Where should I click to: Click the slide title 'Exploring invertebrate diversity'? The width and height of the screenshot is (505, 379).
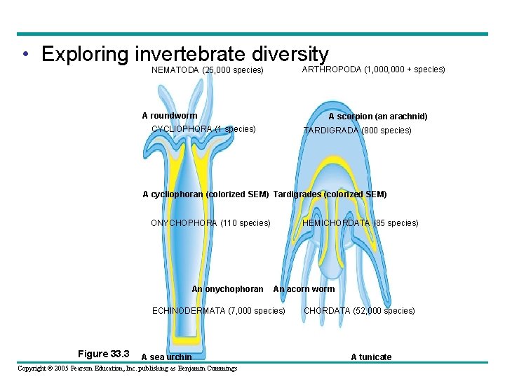(185, 54)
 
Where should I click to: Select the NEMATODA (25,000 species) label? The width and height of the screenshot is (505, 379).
(207, 70)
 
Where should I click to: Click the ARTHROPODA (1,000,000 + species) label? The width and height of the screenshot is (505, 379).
(373, 69)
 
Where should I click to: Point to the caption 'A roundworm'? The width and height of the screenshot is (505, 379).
(169, 116)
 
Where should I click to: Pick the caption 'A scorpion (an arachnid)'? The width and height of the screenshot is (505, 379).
(378, 117)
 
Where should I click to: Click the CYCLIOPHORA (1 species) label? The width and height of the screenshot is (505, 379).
(203, 129)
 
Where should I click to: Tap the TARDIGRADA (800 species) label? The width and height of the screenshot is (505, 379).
(357, 130)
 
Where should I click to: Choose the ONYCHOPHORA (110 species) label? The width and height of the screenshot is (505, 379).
(210, 223)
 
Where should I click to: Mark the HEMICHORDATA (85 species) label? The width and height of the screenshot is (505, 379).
(360, 223)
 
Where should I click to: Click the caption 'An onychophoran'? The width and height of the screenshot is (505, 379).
(227, 289)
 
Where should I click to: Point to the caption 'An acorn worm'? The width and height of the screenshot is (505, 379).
(304, 289)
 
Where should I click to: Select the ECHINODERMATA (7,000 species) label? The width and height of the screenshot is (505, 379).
(219, 311)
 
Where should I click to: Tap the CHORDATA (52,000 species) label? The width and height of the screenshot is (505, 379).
(359, 311)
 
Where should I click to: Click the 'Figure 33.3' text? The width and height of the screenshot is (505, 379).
(103, 354)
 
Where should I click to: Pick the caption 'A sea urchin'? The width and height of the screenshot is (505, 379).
(166, 357)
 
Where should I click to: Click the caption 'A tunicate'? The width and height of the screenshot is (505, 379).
(371, 357)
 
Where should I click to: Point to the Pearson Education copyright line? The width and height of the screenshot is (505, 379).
(127, 368)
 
